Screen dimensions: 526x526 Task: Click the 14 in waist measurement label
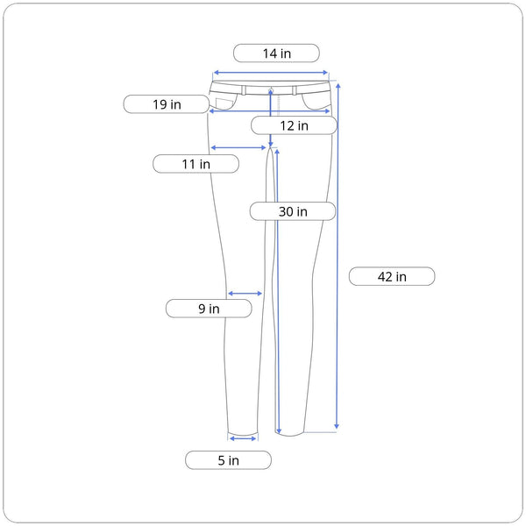pos(276,53)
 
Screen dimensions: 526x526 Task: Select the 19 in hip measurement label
pos(167,104)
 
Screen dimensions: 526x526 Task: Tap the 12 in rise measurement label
pos(294,125)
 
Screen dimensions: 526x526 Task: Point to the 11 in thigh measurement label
pos(195,164)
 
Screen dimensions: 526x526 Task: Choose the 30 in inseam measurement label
pos(293,211)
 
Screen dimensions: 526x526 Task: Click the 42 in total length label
pos(392,277)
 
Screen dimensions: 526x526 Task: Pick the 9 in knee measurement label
pos(209,309)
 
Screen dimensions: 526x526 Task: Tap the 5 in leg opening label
pos(228,460)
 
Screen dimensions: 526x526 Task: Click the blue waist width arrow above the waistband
pos(271,73)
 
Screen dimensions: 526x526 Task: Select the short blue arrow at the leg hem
pos(243,438)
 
